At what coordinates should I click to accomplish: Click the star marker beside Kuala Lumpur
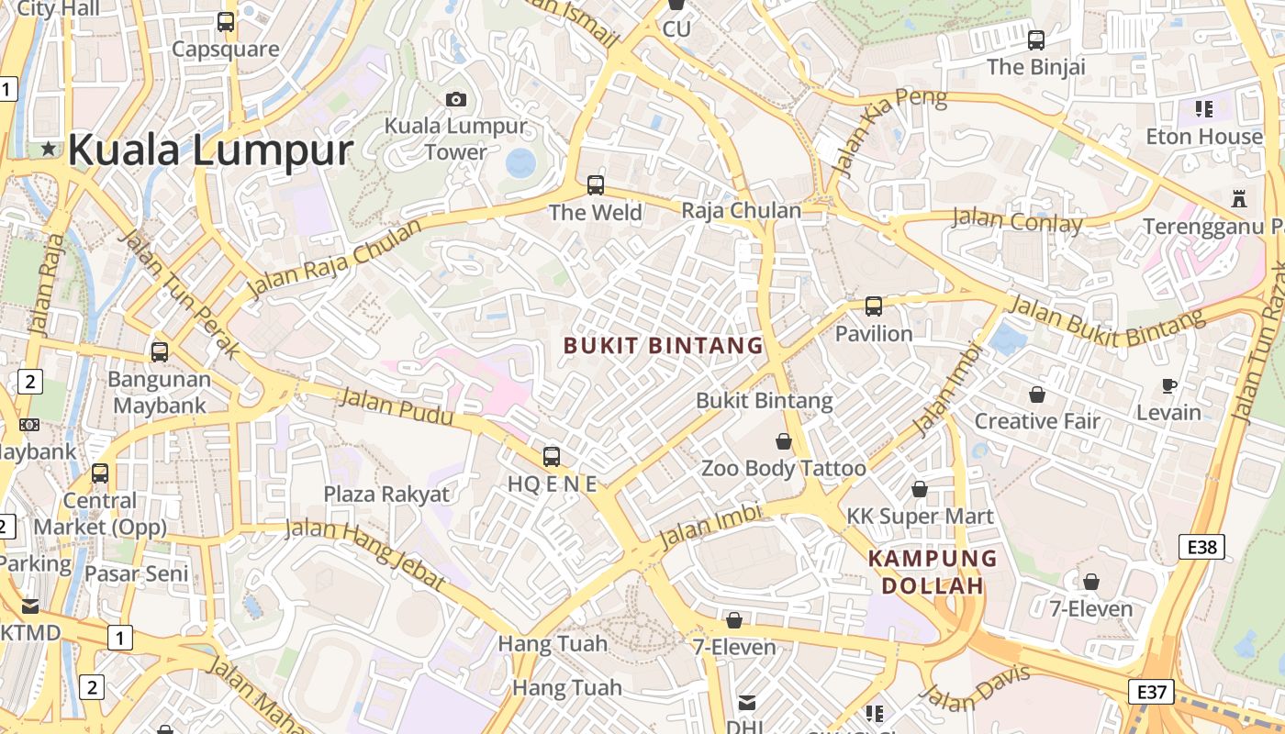(x=48, y=149)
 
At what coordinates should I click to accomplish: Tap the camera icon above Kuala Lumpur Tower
(x=455, y=99)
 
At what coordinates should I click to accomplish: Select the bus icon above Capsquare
(x=226, y=22)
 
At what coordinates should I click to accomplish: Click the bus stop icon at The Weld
(x=596, y=185)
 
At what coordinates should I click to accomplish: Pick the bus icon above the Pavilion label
(x=874, y=306)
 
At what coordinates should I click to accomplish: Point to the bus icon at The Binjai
(x=1036, y=40)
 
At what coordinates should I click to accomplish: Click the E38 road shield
(x=1201, y=548)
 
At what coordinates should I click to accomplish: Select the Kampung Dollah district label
(x=933, y=572)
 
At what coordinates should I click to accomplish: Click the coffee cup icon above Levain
(x=1168, y=385)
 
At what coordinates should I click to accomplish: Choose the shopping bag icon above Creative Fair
(x=1037, y=395)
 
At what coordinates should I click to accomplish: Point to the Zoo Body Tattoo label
(x=783, y=469)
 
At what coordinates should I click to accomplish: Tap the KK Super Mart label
(x=920, y=517)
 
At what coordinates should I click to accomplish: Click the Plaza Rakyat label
(x=386, y=495)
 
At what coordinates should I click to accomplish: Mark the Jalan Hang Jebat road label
(x=365, y=553)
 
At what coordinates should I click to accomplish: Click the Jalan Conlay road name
(x=1017, y=221)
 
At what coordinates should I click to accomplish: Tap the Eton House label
(x=1204, y=137)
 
